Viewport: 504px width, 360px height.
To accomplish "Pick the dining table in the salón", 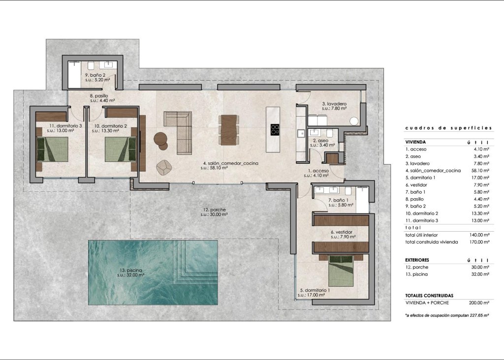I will coord(228,130).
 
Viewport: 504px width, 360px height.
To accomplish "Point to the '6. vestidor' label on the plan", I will coord(342,232).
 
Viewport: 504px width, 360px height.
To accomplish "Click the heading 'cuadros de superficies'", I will coord(448,128).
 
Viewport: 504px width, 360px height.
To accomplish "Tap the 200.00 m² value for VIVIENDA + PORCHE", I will coord(479,302).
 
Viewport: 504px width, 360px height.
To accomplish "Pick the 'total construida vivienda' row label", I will coord(431,241).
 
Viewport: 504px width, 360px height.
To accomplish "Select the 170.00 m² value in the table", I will coord(479,241).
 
